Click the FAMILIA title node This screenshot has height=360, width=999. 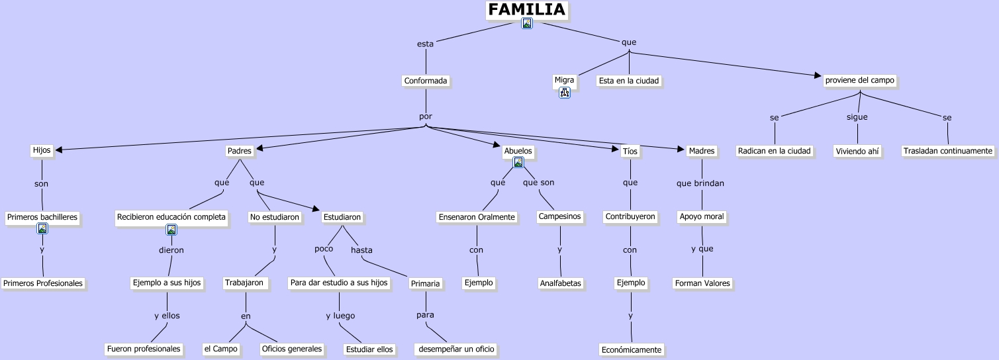526,10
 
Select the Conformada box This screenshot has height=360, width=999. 426,81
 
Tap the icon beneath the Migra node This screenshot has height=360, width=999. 565,93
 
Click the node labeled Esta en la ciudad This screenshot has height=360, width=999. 629,81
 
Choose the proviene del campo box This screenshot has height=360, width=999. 859,80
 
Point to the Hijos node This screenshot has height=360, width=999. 41,150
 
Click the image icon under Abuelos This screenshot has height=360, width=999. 518,162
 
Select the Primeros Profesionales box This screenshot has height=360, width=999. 43,283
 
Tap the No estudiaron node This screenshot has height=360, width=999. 275,217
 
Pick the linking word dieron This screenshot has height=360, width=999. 171,250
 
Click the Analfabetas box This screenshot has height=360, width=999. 560,283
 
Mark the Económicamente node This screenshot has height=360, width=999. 631,349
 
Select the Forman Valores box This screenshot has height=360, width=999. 702,283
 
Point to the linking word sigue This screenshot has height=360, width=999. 857,117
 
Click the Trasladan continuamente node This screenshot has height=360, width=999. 948,151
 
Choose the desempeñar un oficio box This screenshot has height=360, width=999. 456,349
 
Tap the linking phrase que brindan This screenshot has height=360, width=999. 700,183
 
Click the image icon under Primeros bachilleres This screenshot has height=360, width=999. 42,228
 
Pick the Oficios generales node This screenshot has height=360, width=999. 292,349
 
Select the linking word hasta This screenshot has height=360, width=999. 361,250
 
